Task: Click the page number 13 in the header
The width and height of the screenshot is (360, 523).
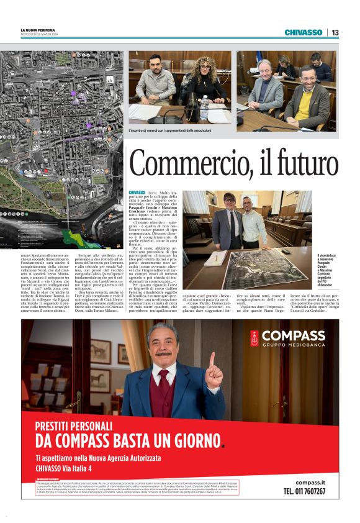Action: (335, 32)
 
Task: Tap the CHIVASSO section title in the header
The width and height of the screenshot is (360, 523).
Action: (304, 32)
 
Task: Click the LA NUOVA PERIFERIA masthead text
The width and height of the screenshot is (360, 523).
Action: (38, 30)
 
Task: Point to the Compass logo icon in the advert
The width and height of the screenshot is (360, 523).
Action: (254, 339)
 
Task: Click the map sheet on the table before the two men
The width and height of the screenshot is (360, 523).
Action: (245, 267)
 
